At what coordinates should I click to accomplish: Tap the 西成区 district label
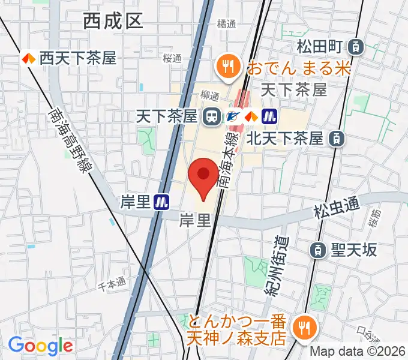(x=113, y=22)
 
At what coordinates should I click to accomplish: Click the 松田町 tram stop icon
(x=356, y=46)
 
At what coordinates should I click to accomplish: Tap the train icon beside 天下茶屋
(x=211, y=116)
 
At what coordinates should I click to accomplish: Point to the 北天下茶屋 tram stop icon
(x=337, y=139)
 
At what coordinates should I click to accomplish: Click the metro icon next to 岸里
(x=161, y=202)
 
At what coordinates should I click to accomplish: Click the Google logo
(x=40, y=345)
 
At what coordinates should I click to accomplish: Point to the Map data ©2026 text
(x=358, y=352)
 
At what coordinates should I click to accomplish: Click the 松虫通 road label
(x=337, y=209)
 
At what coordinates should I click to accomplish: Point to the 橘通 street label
(x=227, y=24)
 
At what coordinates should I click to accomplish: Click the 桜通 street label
(x=172, y=58)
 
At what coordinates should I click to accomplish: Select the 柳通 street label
(x=211, y=94)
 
